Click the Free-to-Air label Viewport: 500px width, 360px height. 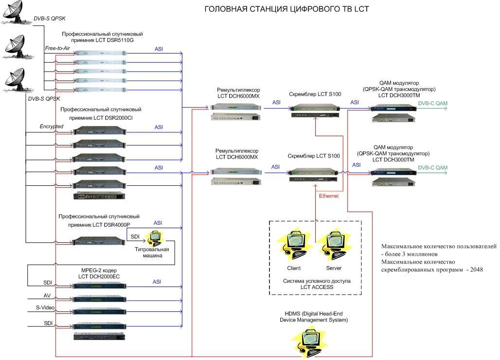click(x=57, y=48)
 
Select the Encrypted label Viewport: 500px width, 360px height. click(x=52, y=126)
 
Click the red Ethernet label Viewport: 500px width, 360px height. click(x=329, y=196)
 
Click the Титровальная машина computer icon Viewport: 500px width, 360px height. click(x=155, y=238)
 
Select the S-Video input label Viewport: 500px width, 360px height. click(x=45, y=307)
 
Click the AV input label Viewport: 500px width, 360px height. click(x=47, y=296)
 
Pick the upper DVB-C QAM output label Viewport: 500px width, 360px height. click(x=433, y=103)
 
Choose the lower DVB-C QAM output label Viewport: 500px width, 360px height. click(x=433, y=168)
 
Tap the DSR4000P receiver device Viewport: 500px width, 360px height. click(x=99, y=241)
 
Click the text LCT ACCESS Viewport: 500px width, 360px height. click(x=317, y=287)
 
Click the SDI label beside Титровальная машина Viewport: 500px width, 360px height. click(x=135, y=236)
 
